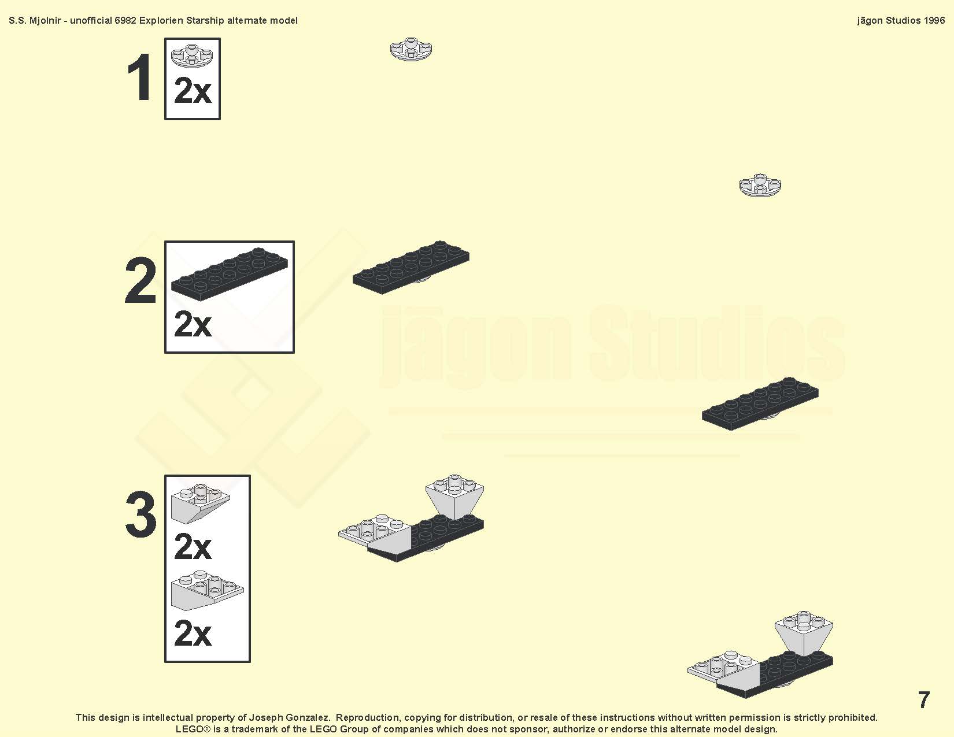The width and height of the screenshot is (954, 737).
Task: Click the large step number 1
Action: (x=140, y=77)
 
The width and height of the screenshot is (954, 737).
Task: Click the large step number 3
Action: (x=141, y=514)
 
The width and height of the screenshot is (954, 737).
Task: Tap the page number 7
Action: (x=924, y=700)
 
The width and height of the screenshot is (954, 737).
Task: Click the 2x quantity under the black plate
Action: (x=193, y=324)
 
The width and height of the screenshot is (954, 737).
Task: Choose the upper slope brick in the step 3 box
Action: (x=200, y=504)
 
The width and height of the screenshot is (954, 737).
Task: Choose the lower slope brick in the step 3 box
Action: (x=207, y=591)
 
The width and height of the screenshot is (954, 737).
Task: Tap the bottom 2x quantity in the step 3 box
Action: (x=193, y=633)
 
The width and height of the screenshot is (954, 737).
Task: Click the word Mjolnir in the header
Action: (x=45, y=21)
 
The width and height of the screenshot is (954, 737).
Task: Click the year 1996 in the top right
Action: (x=934, y=21)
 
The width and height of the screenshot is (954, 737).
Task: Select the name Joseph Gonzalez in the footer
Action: (x=289, y=718)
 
